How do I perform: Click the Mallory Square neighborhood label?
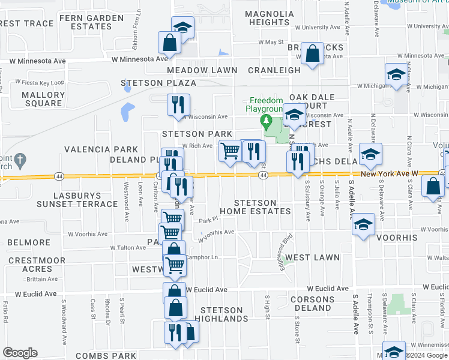43,99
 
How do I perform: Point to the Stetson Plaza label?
158,83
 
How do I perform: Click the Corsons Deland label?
312,304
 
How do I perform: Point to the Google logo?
20,353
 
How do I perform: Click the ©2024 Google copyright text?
427,355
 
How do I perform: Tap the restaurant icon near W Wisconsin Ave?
178,104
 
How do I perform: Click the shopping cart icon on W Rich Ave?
230,151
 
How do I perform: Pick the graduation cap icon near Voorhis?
363,224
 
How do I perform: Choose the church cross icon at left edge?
20,160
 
